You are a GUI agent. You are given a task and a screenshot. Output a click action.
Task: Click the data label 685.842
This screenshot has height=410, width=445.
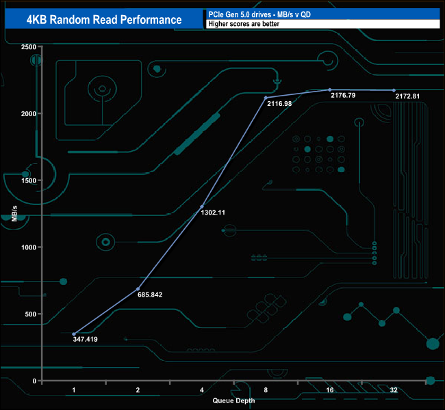click(149, 295)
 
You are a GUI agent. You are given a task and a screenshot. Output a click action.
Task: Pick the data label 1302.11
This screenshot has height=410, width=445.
click(213, 213)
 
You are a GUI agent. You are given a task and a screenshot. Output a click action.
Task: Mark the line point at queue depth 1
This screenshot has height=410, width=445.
click(74, 334)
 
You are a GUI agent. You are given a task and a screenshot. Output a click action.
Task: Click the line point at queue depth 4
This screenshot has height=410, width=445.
click(201, 206)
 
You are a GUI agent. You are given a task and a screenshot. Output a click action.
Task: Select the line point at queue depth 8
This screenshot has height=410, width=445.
click(266, 98)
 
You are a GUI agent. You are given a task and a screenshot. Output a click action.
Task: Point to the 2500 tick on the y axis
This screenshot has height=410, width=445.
click(28, 46)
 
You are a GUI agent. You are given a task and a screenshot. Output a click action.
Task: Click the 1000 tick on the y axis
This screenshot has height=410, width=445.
click(28, 247)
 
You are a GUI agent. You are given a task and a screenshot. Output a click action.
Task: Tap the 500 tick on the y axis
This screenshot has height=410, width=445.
click(31, 314)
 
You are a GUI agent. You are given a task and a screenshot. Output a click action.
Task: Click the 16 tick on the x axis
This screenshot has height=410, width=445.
click(329, 389)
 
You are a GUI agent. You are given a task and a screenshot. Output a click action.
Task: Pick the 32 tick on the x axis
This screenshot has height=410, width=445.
click(394, 389)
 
